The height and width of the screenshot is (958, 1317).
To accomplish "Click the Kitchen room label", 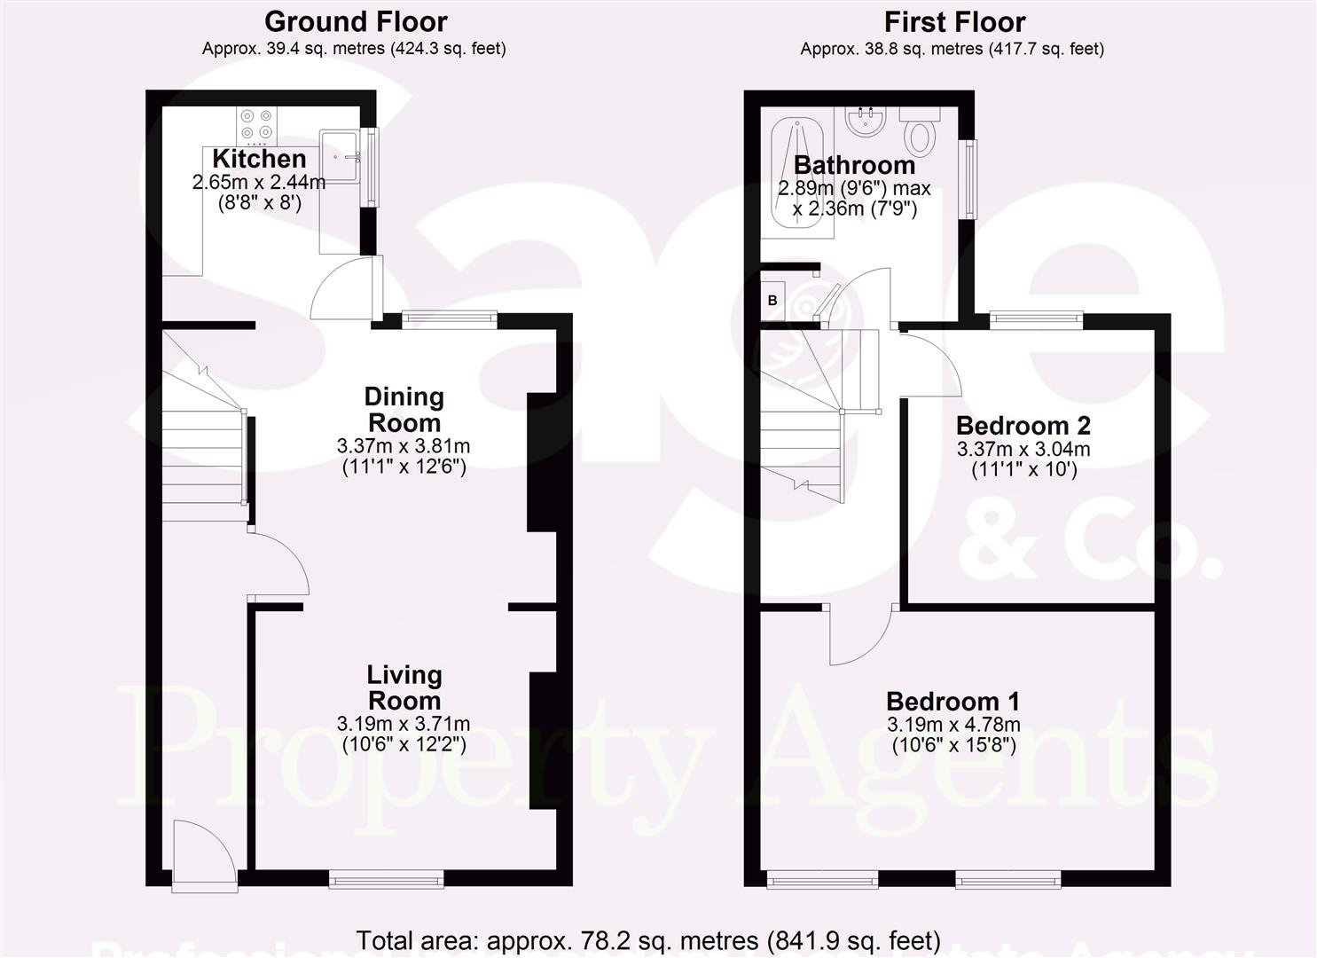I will click(259, 160).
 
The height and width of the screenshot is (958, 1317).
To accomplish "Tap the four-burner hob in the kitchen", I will click(256, 125).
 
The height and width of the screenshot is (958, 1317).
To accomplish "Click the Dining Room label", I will click(404, 410).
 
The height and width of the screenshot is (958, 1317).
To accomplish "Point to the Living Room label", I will click(404, 687).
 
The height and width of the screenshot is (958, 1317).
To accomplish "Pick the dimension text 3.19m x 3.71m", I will click(404, 724).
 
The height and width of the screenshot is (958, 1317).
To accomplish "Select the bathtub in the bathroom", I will click(797, 173).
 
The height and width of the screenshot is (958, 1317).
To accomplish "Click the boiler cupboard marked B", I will click(772, 301).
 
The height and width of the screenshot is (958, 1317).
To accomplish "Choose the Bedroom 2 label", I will click(1023, 425).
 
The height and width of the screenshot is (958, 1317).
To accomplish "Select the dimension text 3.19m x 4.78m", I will click(953, 724).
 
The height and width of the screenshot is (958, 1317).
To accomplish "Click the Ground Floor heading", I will click(356, 21).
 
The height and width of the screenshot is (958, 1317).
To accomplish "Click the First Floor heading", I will click(954, 21).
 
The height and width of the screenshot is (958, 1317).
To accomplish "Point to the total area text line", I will click(647, 939).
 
